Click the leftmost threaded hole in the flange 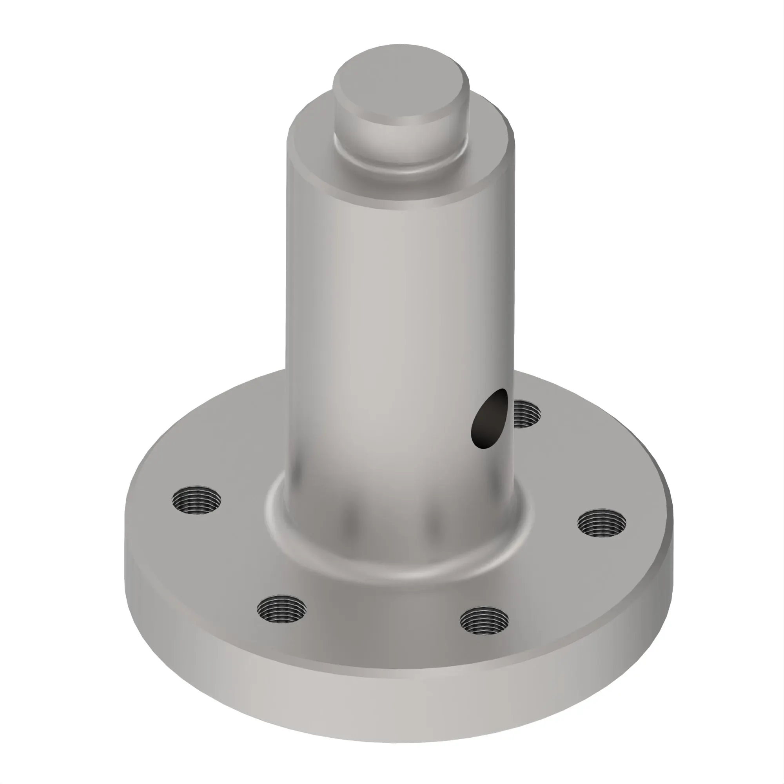pos(196,500)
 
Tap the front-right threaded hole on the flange pos(485,621)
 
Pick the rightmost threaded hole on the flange pos(601,523)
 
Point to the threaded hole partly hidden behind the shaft pos(528,414)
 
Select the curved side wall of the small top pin pos(400,138)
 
